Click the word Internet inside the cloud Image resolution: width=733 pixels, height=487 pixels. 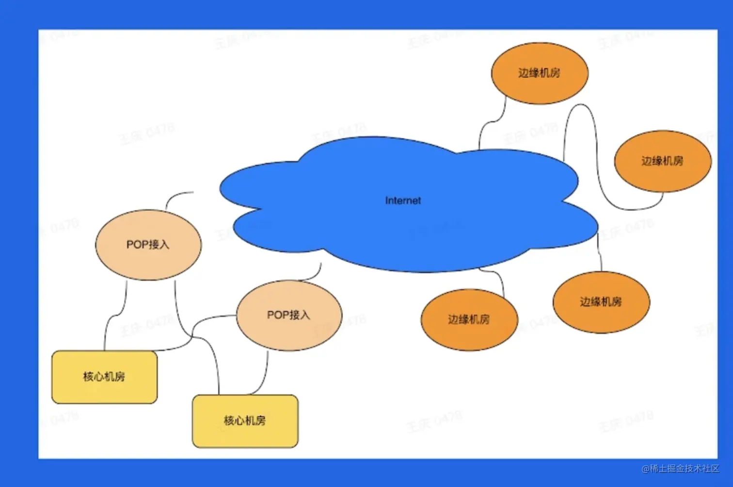point(403,201)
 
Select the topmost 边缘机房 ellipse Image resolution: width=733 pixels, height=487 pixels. point(539,73)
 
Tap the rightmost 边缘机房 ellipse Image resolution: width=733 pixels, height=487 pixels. point(662,161)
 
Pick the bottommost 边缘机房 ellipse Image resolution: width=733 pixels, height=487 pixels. point(469,319)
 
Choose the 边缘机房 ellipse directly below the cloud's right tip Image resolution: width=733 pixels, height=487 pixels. point(601,302)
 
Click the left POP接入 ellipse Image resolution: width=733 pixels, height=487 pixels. point(148,245)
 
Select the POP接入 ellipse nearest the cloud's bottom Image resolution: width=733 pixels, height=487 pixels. point(288,315)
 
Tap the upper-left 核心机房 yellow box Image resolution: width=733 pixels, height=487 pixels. point(104,377)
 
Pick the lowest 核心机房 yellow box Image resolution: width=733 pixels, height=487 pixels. point(245,420)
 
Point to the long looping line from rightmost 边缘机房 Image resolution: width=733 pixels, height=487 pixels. point(596,160)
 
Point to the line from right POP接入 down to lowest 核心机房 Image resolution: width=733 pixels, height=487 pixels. point(265,374)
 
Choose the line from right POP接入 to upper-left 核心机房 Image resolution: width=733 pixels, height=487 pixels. point(194,330)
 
